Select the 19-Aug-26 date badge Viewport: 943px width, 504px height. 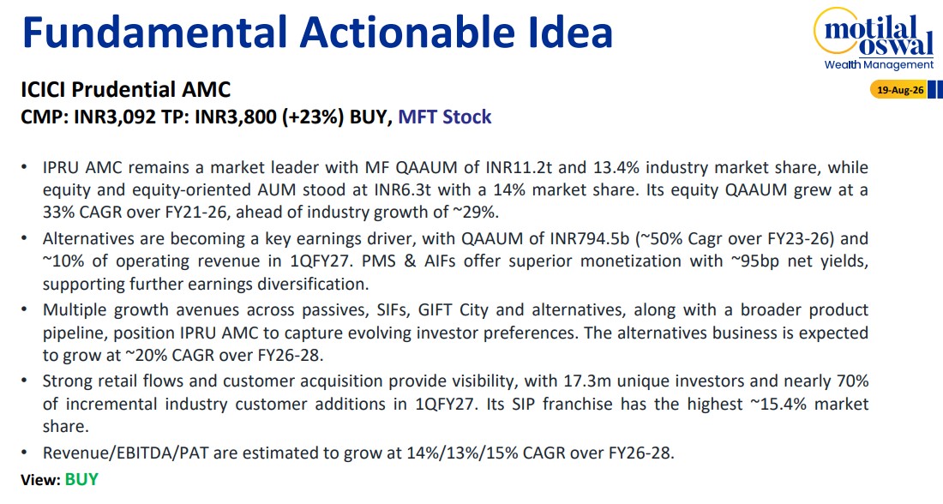click(899, 90)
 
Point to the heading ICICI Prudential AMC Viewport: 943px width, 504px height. click(126, 90)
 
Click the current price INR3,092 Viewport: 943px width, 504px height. click(116, 116)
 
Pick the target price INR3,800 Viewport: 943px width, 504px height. click(235, 116)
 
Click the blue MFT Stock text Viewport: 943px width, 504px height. click(444, 117)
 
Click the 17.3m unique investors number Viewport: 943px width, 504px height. click(587, 381)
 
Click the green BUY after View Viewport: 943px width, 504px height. click(81, 479)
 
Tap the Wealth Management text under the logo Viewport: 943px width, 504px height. click(879, 64)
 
